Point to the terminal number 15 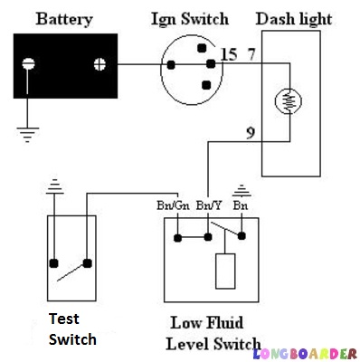click(228, 56)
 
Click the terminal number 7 click(252, 56)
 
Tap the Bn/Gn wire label click(173, 205)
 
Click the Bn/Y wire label click(209, 205)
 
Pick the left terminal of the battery click(29, 64)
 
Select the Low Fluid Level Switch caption click(214, 333)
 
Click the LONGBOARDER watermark click(306, 352)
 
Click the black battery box click(63, 64)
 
